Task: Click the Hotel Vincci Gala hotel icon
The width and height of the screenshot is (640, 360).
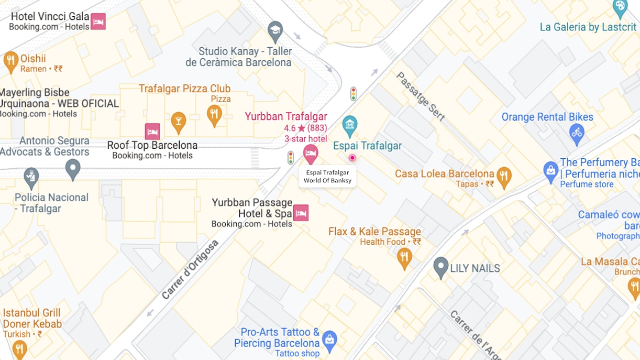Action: [x=98, y=21]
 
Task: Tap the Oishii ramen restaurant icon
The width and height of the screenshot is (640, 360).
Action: [x=10, y=61]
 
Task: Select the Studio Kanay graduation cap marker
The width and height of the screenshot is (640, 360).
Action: [x=275, y=31]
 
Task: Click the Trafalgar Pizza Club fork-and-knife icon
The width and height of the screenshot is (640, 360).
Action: [x=214, y=115]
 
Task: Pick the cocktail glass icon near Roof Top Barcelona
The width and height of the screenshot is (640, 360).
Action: [x=179, y=121]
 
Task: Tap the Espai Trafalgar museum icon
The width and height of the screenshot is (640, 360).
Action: [x=349, y=125]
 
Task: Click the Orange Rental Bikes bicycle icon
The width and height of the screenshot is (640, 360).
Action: [x=577, y=134]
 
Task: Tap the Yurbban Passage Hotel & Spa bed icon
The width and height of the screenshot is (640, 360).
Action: [x=301, y=213]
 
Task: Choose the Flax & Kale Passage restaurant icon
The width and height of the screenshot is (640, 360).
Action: [x=404, y=257]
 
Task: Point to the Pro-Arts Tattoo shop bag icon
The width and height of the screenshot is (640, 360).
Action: [x=329, y=339]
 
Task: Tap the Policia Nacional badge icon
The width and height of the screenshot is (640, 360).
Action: [x=31, y=178]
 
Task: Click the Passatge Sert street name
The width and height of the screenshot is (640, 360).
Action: [x=420, y=96]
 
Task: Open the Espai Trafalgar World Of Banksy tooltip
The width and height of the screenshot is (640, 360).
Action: [x=327, y=177]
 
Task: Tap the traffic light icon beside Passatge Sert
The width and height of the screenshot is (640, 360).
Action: [x=354, y=94]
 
